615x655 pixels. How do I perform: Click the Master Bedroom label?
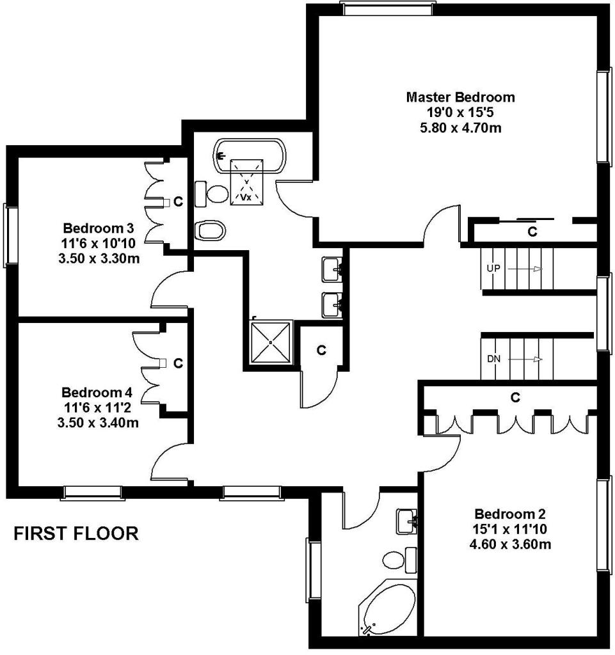(460, 97)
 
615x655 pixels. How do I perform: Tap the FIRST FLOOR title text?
(76, 533)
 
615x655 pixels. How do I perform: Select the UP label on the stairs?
(493, 268)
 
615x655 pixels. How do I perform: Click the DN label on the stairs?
(493, 358)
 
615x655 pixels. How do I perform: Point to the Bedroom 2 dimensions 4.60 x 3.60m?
(510, 544)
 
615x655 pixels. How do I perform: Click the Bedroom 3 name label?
(98, 228)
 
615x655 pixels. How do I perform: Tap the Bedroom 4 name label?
(97, 392)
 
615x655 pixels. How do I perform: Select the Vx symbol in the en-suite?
(246, 197)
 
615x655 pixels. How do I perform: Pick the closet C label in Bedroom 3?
(178, 201)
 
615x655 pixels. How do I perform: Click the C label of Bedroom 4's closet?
(178, 363)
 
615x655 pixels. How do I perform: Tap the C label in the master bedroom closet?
(532, 232)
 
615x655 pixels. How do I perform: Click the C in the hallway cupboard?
(321, 350)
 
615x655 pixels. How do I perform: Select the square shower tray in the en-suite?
(271, 342)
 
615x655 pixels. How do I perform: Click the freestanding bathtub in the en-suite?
(250, 156)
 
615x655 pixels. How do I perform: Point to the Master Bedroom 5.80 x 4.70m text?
(461, 127)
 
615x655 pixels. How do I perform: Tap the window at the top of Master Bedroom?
(387, 8)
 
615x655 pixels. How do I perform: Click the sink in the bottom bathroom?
(406, 521)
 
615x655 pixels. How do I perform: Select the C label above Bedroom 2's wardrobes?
(515, 397)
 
